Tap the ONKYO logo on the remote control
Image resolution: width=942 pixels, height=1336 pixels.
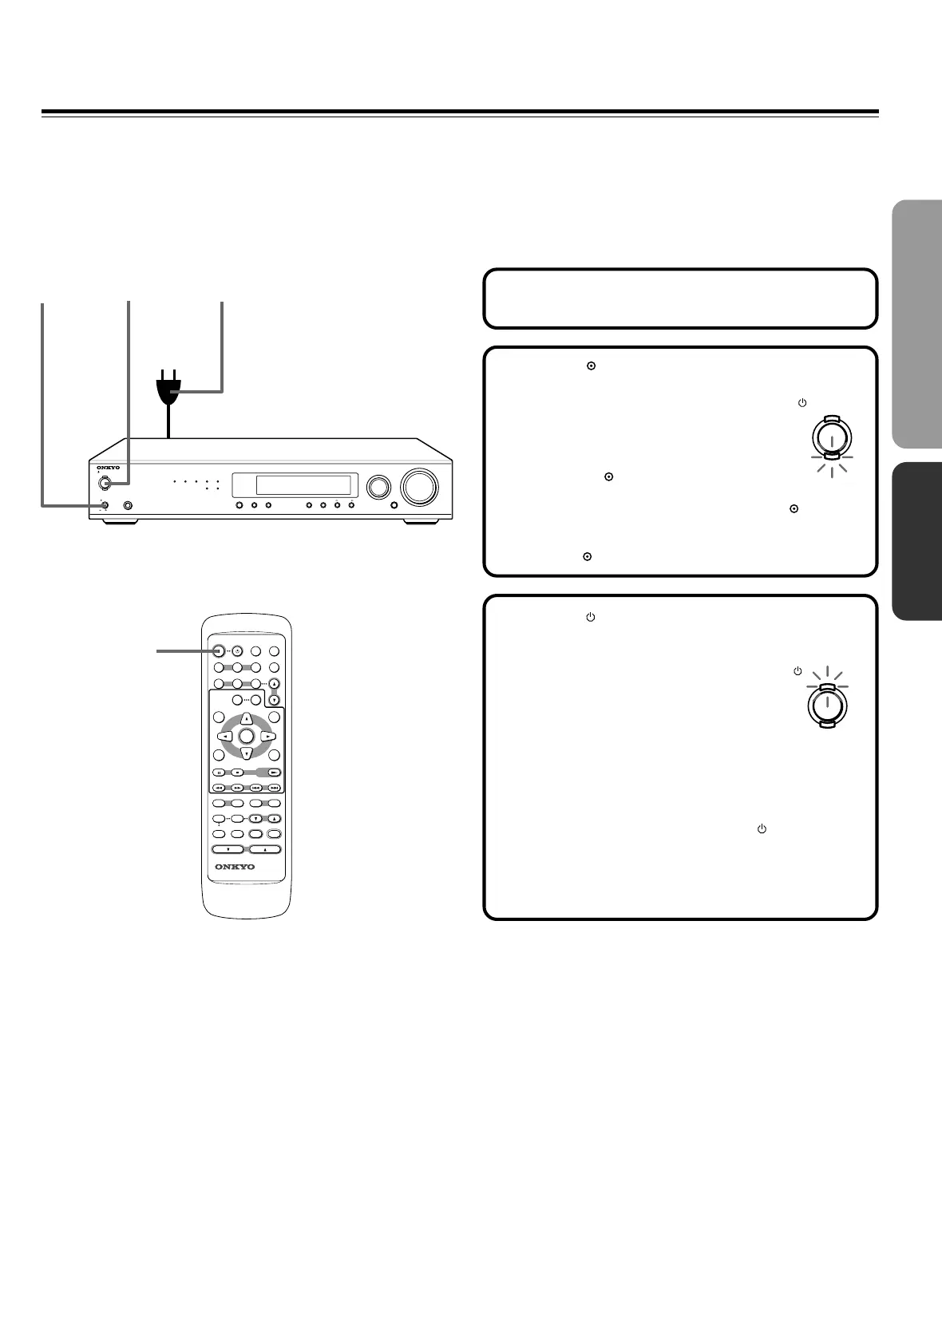[235, 867]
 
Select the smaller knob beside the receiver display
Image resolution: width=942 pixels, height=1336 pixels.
[377, 486]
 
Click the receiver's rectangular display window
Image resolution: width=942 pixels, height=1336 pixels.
[292, 485]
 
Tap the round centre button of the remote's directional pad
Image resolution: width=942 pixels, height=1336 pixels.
[247, 735]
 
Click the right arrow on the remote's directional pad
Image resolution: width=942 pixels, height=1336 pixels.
[268, 735]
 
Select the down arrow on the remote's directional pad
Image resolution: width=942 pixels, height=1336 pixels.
[247, 753]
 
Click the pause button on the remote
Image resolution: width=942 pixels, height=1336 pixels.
[218, 773]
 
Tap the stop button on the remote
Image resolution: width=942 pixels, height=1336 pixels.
[237, 773]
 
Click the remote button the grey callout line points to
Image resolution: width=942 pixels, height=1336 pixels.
[219, 650]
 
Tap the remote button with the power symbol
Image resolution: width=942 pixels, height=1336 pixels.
[237, 650]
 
